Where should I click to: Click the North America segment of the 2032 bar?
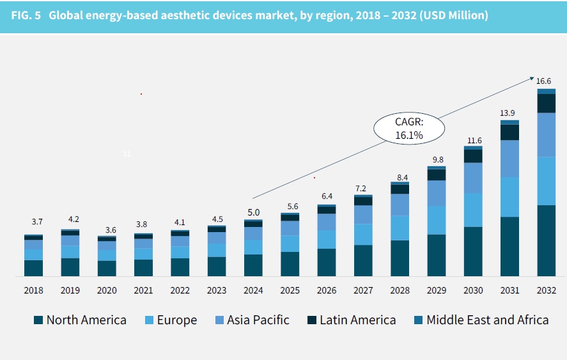tap(546, 240)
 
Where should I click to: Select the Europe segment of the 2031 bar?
tap(509, 197)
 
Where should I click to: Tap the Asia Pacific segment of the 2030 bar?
tap(473, 178)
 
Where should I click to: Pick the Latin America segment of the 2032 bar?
tap(546, 104)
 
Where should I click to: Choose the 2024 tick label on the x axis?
tap(253, 290)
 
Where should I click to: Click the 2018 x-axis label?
tap(34, 290)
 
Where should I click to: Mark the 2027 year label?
tap(363, 290)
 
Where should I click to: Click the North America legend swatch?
tap(39, 320)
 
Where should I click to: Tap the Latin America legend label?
tap(357, 320)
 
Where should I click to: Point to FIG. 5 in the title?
tap(26, 15)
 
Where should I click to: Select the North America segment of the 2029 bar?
tap(437, 255)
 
